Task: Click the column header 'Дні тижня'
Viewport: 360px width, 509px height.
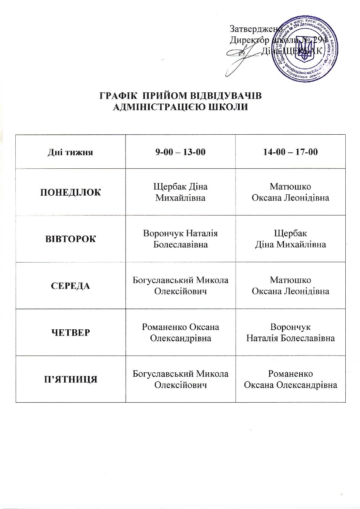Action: pos(70,152)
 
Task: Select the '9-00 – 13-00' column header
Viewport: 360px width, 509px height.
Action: pos(180,152)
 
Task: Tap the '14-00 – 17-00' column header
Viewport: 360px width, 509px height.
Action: pos(290,152)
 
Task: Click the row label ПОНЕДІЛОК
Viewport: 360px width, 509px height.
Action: pos(71,192)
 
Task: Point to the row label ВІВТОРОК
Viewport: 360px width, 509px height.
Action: pos(71,239)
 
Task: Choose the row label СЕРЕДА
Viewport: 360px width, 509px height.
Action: pos(71,286)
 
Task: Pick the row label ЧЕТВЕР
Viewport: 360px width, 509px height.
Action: pos(71,332)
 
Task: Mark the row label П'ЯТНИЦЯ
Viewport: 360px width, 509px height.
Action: pos(71,379)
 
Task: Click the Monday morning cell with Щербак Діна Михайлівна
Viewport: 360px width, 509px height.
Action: pos(180,192)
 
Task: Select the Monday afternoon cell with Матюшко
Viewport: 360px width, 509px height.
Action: pos(290,192)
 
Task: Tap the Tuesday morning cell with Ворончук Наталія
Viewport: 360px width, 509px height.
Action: pos(180,239)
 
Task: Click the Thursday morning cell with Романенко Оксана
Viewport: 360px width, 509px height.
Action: pos(180,332)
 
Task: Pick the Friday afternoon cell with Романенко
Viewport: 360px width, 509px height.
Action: pos(290,379)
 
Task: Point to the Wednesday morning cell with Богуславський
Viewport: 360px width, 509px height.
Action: pos(180,286)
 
